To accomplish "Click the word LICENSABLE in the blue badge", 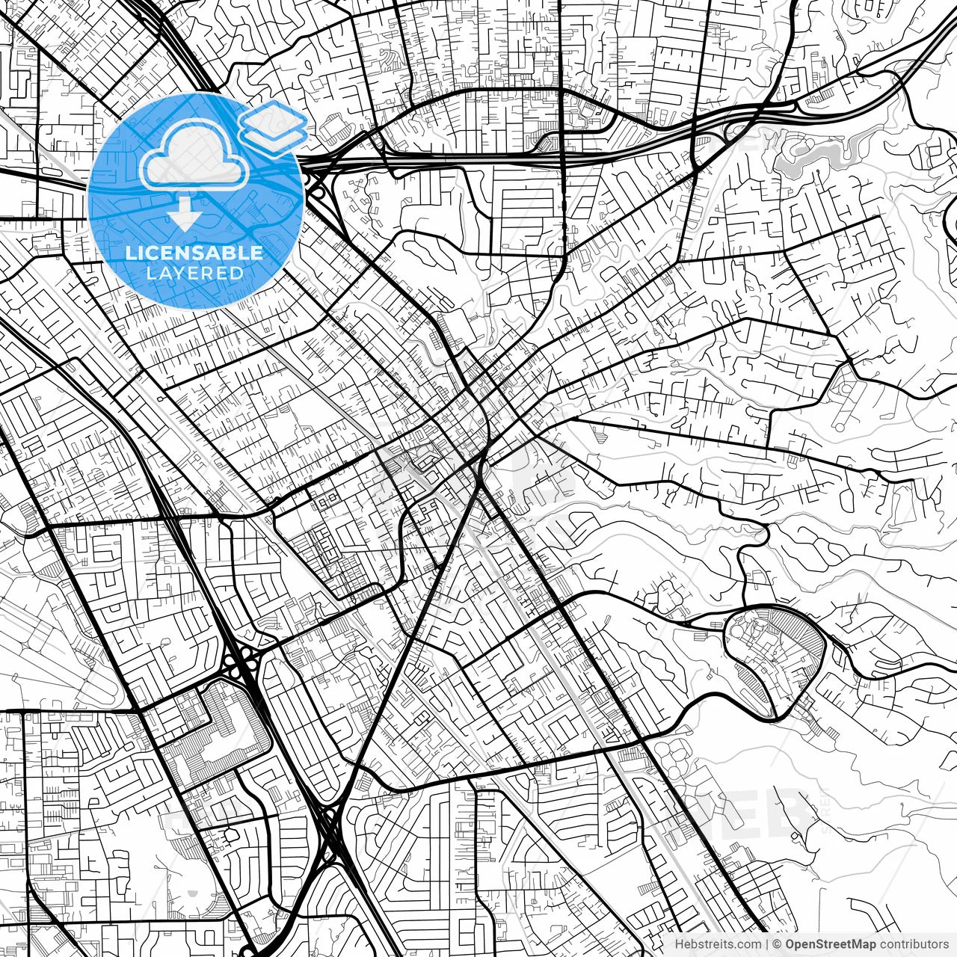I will coord(194,253).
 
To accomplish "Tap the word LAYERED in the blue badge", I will coord(194,273).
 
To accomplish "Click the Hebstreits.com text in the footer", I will coord(717,944).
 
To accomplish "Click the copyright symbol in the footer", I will coord(778,944).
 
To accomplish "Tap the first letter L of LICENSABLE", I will coord(130,253).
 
